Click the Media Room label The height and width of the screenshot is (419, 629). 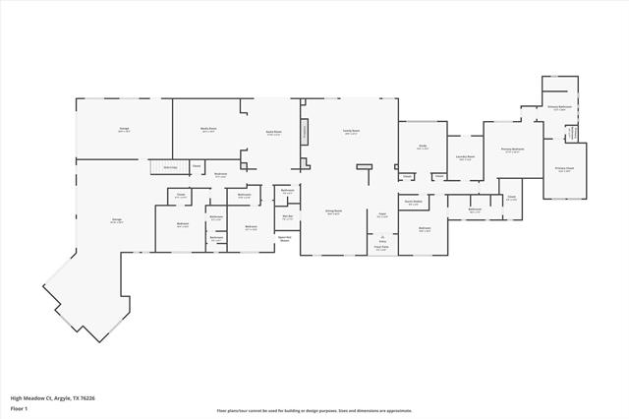208,130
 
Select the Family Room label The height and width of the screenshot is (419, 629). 351,131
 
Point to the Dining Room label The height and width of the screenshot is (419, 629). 334,211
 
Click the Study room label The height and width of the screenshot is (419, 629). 421,148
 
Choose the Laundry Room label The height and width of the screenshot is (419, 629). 466,157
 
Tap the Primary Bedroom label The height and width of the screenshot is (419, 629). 510,150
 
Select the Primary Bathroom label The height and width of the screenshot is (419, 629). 559,107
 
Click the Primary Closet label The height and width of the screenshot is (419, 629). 565,169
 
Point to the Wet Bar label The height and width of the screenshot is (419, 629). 287,217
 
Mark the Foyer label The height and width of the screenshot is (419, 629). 382,213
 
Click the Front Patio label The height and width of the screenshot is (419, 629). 381,248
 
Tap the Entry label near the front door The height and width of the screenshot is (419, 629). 381,238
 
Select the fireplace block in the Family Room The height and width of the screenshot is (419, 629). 305,130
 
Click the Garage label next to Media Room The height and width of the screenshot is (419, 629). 125,130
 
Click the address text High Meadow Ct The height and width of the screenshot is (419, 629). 53,398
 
